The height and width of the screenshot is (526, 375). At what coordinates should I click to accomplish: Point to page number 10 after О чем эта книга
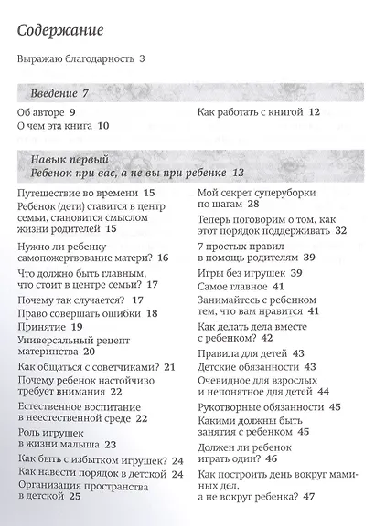[102, 127]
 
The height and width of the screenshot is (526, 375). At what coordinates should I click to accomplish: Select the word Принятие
[42, 326]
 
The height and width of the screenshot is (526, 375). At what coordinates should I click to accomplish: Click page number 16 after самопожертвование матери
[164, 258]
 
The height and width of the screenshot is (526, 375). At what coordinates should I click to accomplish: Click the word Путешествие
[51, 194]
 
